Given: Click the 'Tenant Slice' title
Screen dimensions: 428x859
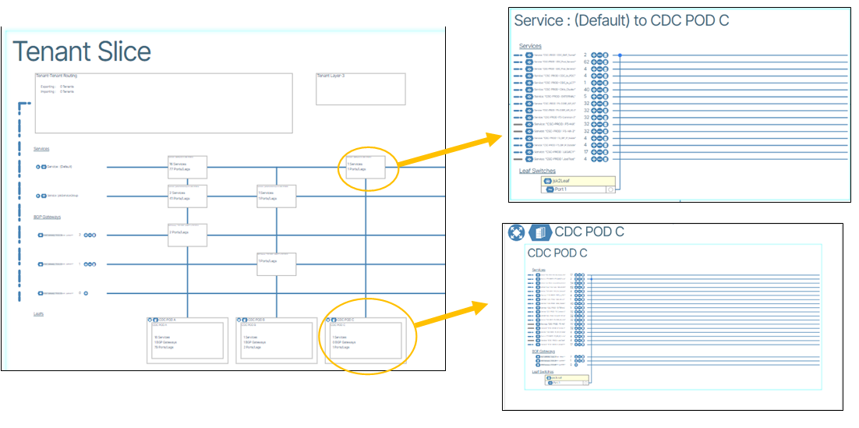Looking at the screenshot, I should pyautogui.click(x=83, y=51).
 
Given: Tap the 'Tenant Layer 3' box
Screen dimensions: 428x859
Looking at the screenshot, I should pyautogui.click(x=360, y=89).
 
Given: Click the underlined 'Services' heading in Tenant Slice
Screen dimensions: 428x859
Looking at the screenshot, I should pyautogui.click(x=41, y=149).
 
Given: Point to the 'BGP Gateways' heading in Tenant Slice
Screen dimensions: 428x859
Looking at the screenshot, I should pyautogui.click(x=47, y=217).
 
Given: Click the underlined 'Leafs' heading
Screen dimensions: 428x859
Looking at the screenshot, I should pyautogui.click(x=38, y=313).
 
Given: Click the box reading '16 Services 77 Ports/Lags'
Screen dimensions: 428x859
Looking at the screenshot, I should pyautogui.click(x=187, y=166).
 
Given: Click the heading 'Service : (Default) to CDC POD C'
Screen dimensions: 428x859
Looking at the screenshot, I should pyautogui.click(x=621, y=21).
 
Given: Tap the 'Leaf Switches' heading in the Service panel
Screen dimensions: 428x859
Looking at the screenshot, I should pyautogui.click(x=538, y=171).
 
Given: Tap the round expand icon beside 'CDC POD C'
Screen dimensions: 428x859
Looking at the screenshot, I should pyautogui.click(x=516, y=232).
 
